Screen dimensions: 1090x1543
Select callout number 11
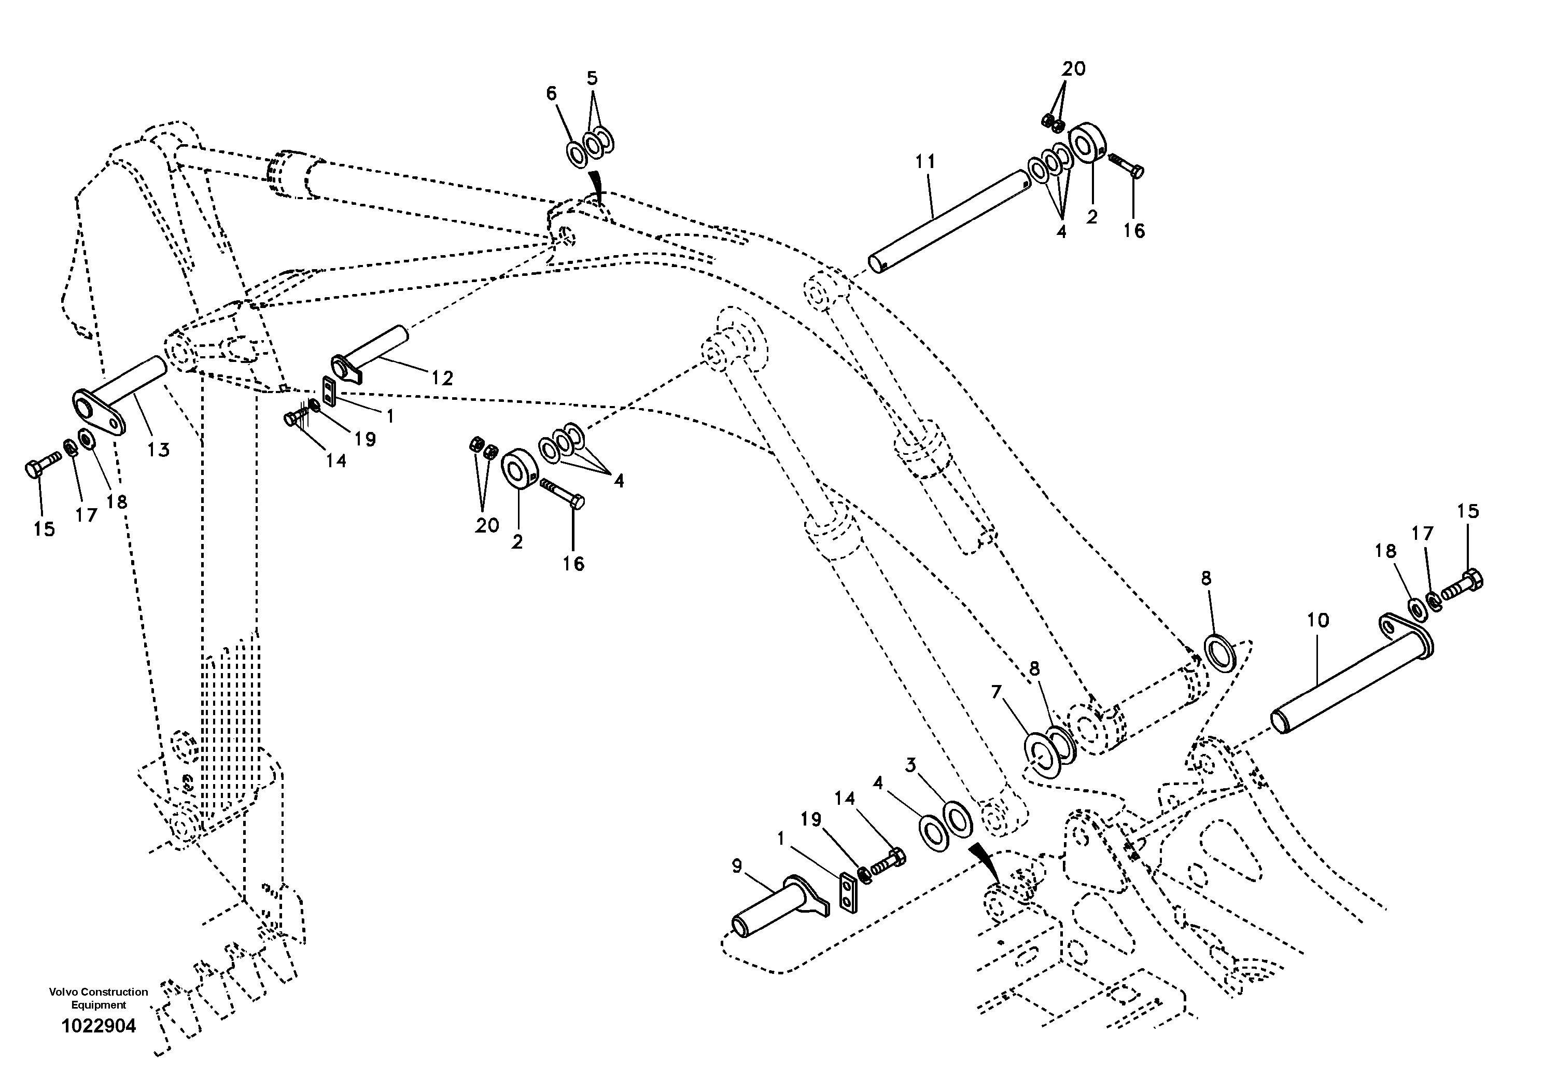(x=925, y=162)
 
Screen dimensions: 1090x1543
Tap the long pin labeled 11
(x=948, y=222)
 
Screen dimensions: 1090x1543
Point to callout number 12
(x=442, y=379)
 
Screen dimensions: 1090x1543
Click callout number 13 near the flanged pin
(x=159, y=450)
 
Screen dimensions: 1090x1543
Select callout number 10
(x=1318, y=620)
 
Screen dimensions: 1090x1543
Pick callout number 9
(x=737, y=866)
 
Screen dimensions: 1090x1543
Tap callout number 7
(x=996, y=692)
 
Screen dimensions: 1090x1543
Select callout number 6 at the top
(x=552, y=93)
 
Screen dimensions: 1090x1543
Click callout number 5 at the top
(x=592, y=79)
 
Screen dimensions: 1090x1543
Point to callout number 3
(x=910, y=765)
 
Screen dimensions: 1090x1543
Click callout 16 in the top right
(x=1134, y=231)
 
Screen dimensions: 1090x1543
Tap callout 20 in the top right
(x=1073, y=68)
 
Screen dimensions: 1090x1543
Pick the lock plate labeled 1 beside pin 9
(x=849, y=894)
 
